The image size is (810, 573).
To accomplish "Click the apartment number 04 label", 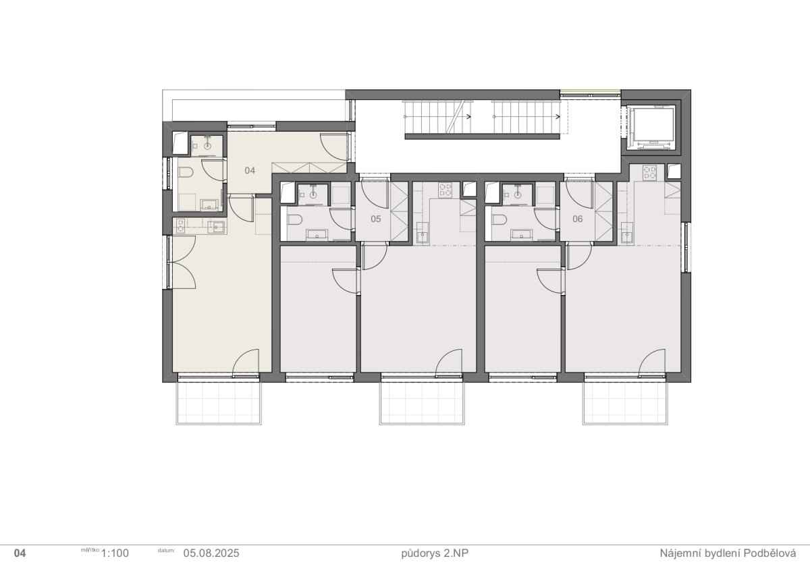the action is tap(250, 170).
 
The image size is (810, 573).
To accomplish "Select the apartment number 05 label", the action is tap(376, 219).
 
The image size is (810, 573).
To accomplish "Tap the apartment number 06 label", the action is tap(578, 219).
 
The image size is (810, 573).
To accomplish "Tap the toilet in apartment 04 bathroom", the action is tap(185, 172).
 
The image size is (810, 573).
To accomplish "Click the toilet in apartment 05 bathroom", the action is tap(294, 220).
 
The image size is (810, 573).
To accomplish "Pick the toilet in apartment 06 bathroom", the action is tap(499, 220).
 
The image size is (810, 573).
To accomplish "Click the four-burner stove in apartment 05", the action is tap(446, 190).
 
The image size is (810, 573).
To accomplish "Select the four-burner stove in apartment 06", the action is tap(650, 173).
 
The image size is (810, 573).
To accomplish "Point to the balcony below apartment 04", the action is tap(219, 403).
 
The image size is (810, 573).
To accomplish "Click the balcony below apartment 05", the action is tap(422, 403).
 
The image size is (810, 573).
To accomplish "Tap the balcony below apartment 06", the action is tap(625, 403).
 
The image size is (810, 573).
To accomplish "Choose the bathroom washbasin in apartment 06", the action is tap(521, 235).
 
